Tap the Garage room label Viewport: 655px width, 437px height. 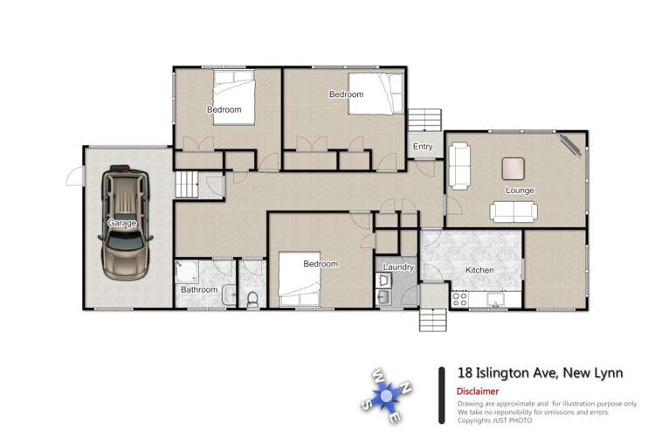click(121, 224)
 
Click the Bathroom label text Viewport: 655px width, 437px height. click(198, 289)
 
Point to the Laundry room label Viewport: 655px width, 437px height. click(397, 267)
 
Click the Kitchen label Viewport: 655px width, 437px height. click(479, 271)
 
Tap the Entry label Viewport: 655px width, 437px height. click(423, 147)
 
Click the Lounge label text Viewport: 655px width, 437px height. click(519, 190)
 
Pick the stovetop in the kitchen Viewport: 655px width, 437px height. click(458, 298)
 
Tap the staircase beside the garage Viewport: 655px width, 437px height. click(186, 185)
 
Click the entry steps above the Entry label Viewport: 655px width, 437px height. click(426, 118)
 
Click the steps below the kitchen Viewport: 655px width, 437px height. click(433, 320)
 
